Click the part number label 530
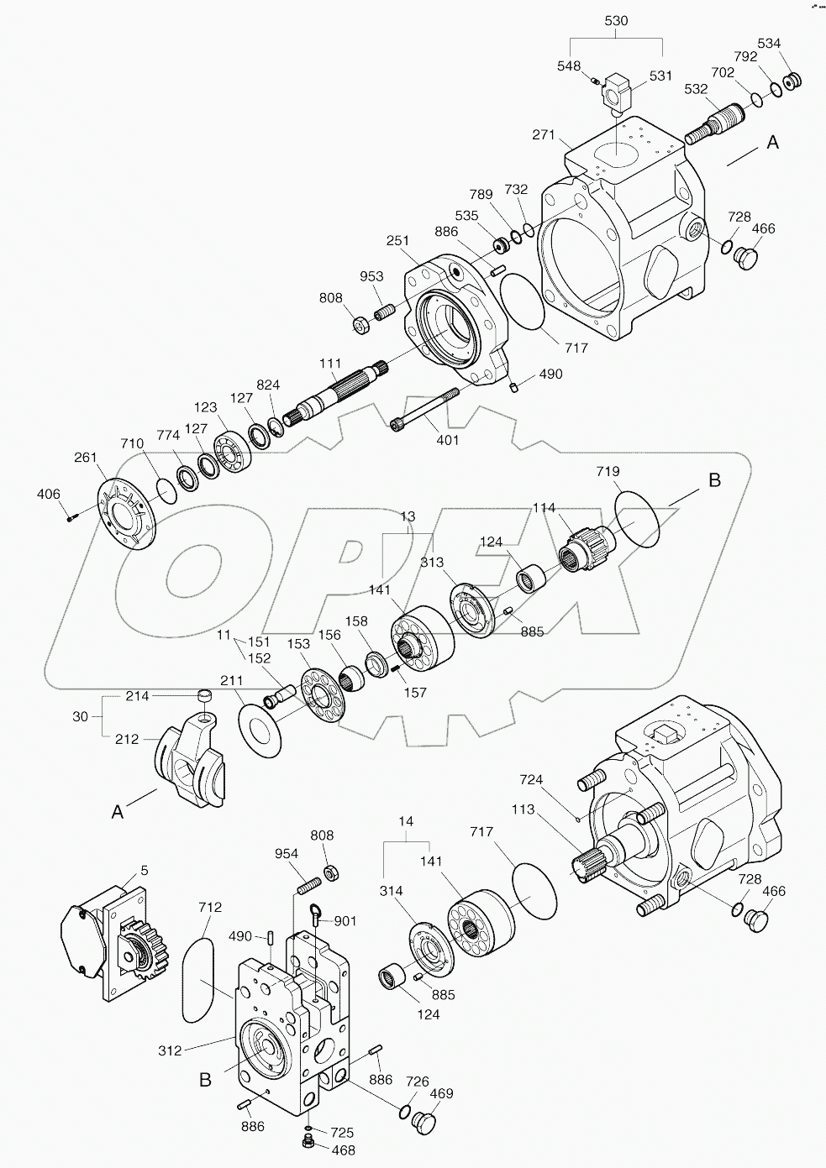tap(616, 23)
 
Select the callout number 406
tap(49, 495)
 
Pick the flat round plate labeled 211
tap(261, 720)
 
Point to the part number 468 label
tap(345, 1150)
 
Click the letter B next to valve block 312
tap(205, 1080)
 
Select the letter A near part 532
tap(772, 143)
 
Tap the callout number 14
tap(406, 823)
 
